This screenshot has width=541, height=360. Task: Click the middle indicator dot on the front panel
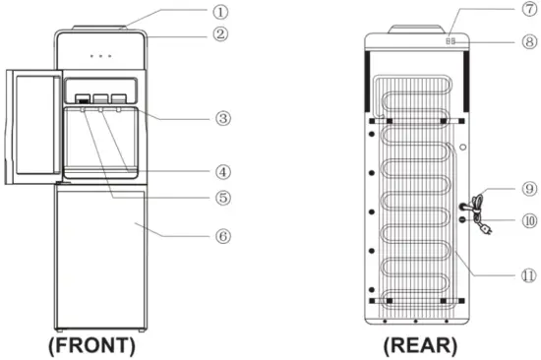point(101,56)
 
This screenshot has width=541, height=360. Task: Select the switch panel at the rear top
point(451,41)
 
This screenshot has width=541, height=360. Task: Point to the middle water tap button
point(100,99)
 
